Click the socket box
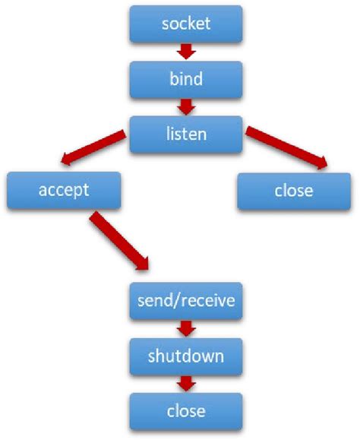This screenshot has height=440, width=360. (186, 24)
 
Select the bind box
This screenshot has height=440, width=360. (186, 79)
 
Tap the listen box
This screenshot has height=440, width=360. (186, 134)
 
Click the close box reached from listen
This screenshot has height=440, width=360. (293, 189)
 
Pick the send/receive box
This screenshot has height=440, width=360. (186, 301)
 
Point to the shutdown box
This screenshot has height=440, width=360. (186, 356)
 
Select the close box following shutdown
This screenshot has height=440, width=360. (186, 411)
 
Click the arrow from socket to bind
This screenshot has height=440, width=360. (186, 52)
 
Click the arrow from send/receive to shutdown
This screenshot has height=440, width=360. (186, 328)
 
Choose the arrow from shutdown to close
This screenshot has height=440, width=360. (186, 384)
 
